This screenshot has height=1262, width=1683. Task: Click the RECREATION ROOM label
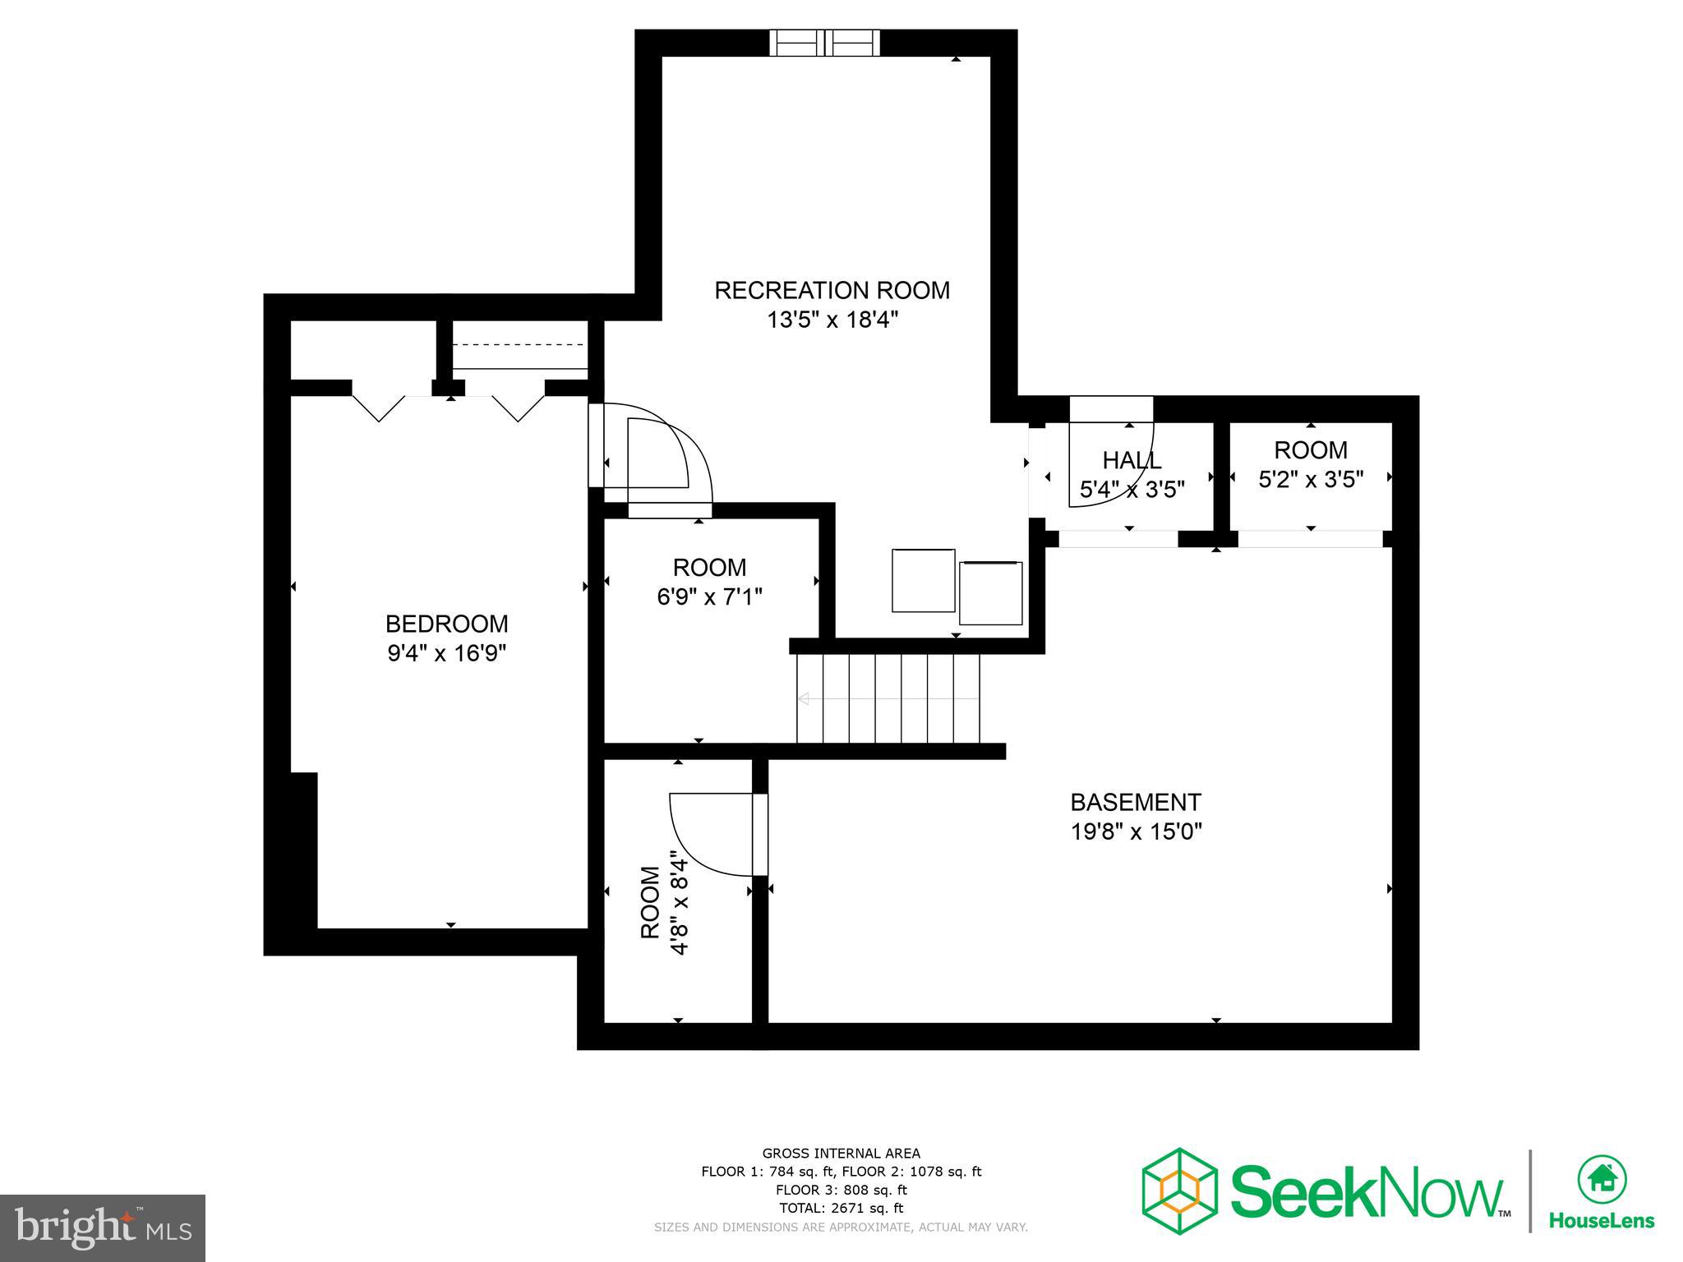pyautogui.click(x=832, y=290)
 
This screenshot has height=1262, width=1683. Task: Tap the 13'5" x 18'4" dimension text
pyautogui.click(x=832, y=320)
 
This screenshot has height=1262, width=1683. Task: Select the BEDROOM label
pyautogui.click(x=446, y=624)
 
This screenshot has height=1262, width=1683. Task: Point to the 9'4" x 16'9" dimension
pyautogui.click(x=446, y=653)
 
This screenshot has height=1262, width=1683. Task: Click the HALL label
pyautogui.click(x=1132, y=460)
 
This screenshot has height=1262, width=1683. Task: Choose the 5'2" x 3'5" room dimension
pyautogui.click(x=1311, y=479)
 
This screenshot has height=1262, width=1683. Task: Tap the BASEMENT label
pyautogui.click(x=1136, y=802)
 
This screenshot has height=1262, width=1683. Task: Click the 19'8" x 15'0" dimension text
pyautogui.click(x=1136, y=831)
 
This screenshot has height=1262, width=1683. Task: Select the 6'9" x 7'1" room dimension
pyautogui.click(x=709, y=596)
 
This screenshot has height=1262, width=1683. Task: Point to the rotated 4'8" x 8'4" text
pyautogui.click(x=680, y=902)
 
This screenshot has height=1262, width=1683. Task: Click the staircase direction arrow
pyautogui.click(x=804, y=699)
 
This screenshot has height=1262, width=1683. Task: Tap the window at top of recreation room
pyautogui.click(x=824, y=43)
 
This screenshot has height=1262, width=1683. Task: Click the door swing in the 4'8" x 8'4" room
pyautogui.click(x=712, y=833)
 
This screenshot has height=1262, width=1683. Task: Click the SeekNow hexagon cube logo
pyautogui.click(x=1179, y=1191)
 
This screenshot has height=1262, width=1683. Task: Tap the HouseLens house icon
pyautogui.click(x=1602, y=1179)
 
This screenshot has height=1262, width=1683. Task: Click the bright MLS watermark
pyautogui.click(x=103, y=1227)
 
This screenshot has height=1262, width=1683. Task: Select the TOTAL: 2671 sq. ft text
pyautogui.click(x=841, y=1208)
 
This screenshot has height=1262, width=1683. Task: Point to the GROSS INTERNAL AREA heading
pyautogui.click(x=841, y=1154)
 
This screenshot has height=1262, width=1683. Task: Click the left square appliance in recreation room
pyautogui.click(x=923, y=581)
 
